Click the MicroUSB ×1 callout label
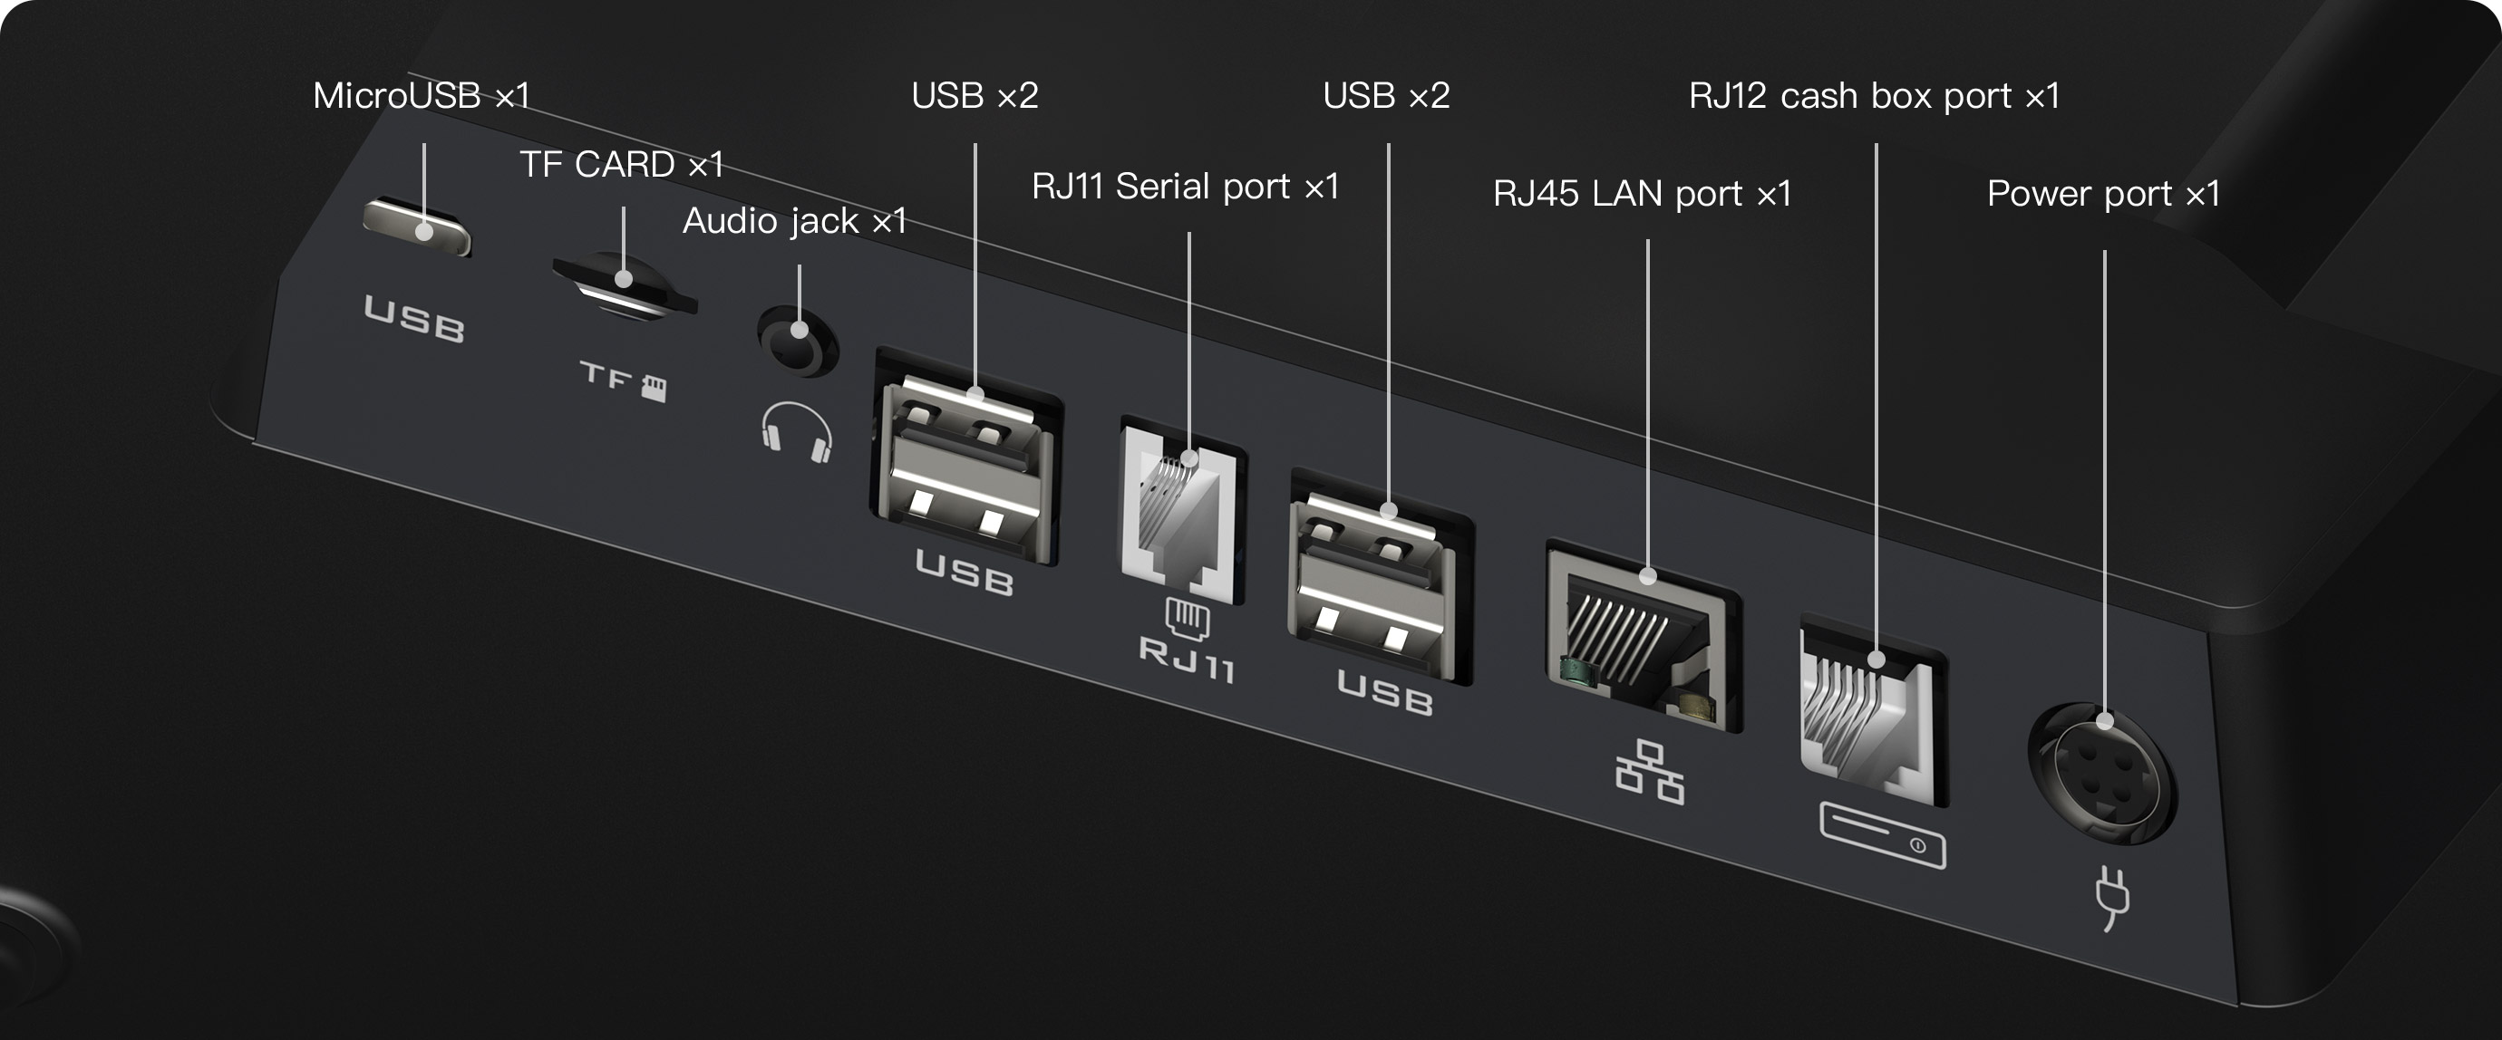coord(422,96)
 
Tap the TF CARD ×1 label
coord(622,165)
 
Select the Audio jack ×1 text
coord(794,221)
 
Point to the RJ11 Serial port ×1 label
coord(1185,187)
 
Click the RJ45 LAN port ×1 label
coord(1642,194)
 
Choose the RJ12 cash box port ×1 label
coord(1874,96)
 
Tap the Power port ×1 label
coord(2104,194)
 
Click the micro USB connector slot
coord(417,227)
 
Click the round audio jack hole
coord(799,340)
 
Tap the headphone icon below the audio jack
coord(797,431)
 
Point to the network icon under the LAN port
coord(1649,773)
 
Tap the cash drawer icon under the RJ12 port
coord(1881,835)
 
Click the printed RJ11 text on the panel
coord(1187,660)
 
